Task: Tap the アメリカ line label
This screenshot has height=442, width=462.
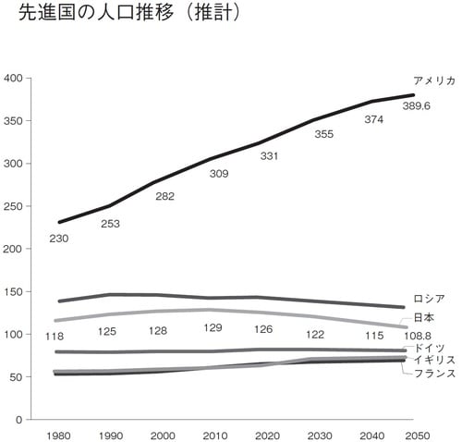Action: (x=434, y=81)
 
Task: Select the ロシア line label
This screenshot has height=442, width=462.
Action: (x=430, y=299)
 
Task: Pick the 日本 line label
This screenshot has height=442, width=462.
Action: (x=424, y=318)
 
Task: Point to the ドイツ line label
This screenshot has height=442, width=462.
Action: (x=430, y=347)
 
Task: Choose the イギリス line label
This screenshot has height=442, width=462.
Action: (x=433, y=359)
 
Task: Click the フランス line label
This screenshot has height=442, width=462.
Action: (x=433, y=373)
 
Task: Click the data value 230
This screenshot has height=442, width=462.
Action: (x=58, y=239)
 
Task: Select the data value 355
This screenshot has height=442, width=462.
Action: (x=323, y=134)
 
